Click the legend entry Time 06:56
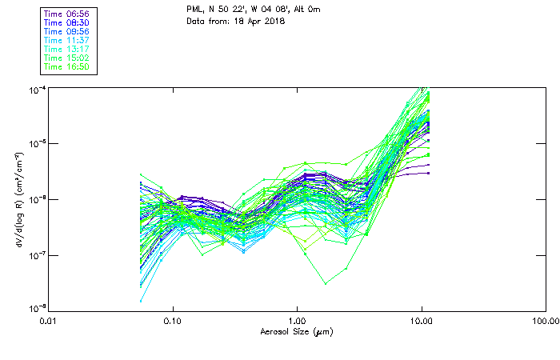click(67, 14)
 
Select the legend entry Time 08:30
click(67, 23)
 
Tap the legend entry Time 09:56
click(67, 32)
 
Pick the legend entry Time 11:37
click(67, 41)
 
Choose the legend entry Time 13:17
click(67, 50)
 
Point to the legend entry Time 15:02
click(67, 58)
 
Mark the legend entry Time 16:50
click(67, 67)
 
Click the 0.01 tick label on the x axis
click(49, 321)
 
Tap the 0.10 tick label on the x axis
click(173, 321)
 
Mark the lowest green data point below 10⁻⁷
click(326, 283)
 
